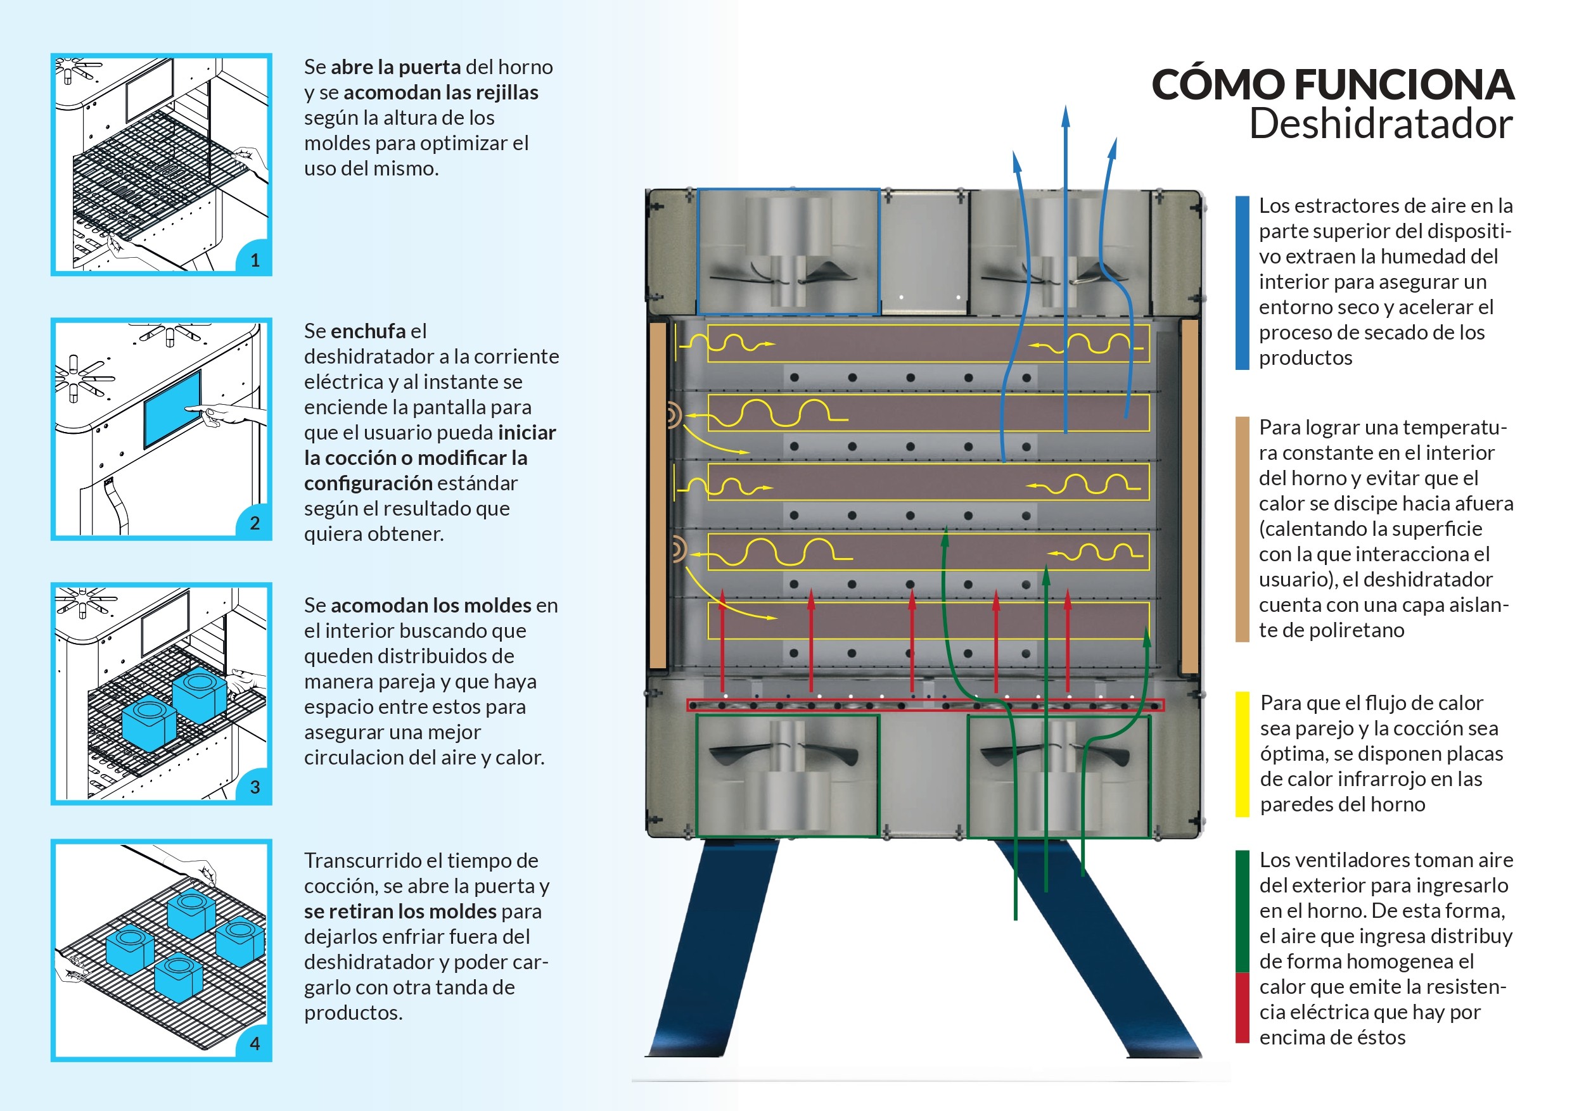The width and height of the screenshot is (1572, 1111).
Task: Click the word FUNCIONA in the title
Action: pyautogui.click(x=1403, y=85)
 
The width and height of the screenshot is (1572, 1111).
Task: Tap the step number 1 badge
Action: pyautogui.click(x=255, y=260)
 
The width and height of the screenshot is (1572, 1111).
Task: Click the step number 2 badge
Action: pyautogui.click(x=255, y=524)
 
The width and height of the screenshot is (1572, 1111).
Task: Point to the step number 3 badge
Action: pyautogui.click(x=255, y=787)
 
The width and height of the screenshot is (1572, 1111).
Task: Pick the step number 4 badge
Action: pyautogui.click(x=255, y=1044)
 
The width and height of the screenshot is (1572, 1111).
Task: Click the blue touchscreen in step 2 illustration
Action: pyautogui.click(x=172, y=409)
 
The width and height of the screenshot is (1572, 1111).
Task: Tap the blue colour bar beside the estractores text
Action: pyautogui.click(x=1242, y=283)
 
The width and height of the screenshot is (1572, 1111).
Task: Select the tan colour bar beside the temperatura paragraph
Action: pyautogui.click(x=1242, y=529)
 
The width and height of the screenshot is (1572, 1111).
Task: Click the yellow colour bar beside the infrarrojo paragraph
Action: pyautogui.click(x=1242, y=754)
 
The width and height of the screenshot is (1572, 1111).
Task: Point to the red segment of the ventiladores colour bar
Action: pyautogui.click(x=1242, y=1008)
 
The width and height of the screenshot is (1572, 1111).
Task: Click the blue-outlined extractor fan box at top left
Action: pyautogui.click(x=788, y=252)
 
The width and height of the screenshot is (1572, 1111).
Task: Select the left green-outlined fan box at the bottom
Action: pyautogui.click(x=787, y=775)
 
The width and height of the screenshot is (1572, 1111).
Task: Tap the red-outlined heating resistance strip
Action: pyautogui.click(x=925, y=705)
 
